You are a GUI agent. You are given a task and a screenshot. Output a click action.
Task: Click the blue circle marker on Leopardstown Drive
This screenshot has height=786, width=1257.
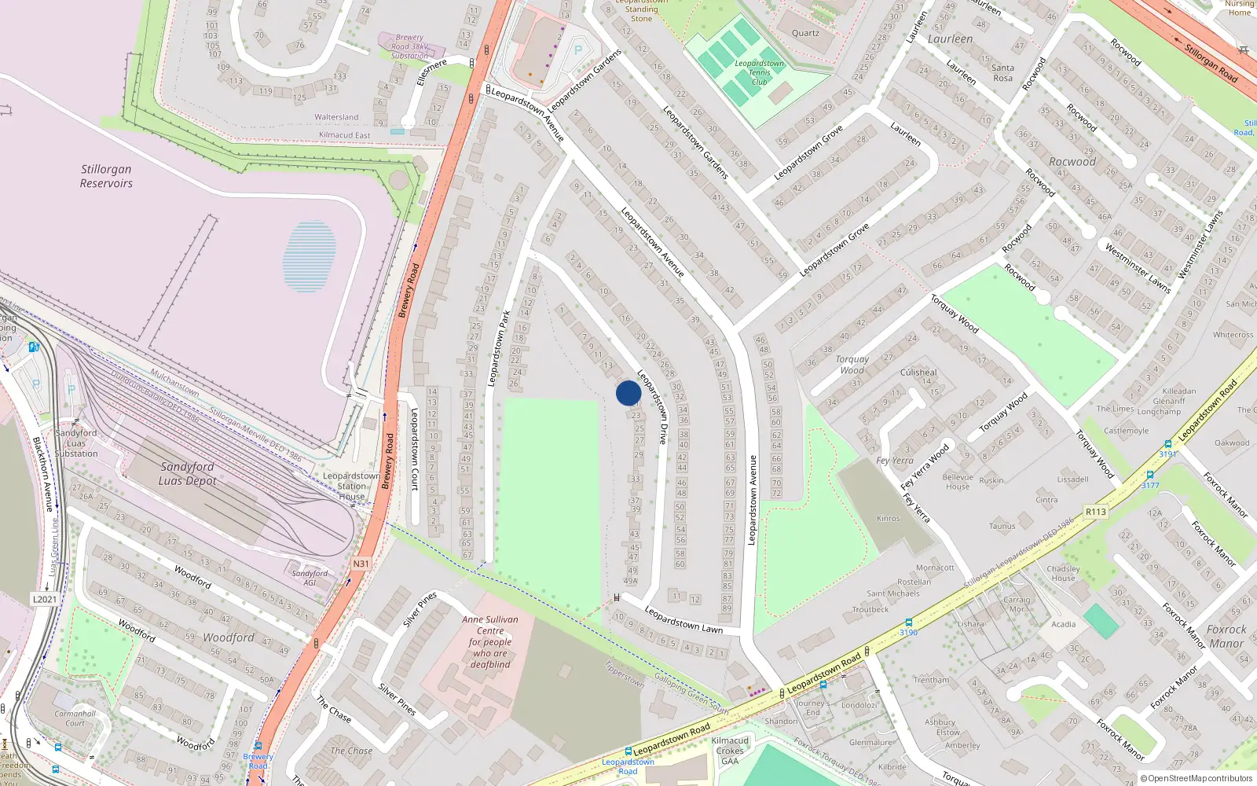(628, 393)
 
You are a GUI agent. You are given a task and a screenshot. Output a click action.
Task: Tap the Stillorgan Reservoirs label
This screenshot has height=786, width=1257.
(106, 176)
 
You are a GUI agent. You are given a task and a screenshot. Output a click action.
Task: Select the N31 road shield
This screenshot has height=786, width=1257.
(361, 564)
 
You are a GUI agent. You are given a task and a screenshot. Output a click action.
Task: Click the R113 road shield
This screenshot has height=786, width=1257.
(1095, 512)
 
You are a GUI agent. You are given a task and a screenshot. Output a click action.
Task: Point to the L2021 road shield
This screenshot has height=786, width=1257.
(45, 599)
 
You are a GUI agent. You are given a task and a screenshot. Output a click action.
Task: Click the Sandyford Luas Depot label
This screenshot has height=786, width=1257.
(187, 473)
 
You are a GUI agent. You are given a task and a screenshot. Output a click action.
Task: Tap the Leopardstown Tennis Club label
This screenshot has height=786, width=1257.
(759, 72)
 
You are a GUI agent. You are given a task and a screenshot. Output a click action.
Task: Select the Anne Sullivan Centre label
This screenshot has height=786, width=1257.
(490, 641)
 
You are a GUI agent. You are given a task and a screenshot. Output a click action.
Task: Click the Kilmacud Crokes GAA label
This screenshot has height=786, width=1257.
(730, 751)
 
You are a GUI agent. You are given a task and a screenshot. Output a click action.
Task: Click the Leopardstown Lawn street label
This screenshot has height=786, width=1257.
(683, 619)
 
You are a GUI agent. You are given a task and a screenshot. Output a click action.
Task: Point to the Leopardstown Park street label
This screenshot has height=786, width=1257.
(499, 348)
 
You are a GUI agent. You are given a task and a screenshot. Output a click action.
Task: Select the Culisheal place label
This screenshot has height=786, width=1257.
(918, 373)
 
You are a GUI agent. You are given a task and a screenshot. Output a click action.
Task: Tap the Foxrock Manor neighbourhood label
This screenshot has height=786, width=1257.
(1226, 637)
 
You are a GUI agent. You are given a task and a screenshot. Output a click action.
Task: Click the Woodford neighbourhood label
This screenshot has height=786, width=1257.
(229, 637)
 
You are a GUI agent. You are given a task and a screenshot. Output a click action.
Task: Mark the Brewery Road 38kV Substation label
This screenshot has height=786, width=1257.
(410, 46)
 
